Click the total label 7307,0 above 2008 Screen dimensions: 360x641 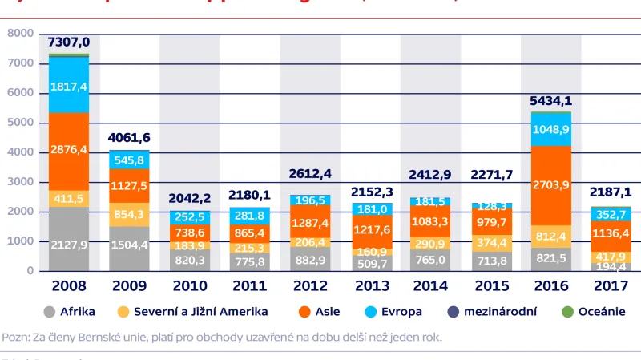point(68,42)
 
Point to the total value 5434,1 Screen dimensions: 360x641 point(550,101)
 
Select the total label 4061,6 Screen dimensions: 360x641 point(129,138)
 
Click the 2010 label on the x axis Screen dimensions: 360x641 point(189,285)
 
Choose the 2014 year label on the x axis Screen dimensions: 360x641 point(429,285)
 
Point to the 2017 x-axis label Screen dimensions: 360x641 point(611,285)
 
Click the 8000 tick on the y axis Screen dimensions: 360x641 point(21,34)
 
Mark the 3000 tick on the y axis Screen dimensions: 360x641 point(21,182)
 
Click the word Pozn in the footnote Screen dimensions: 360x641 point(16,338)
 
